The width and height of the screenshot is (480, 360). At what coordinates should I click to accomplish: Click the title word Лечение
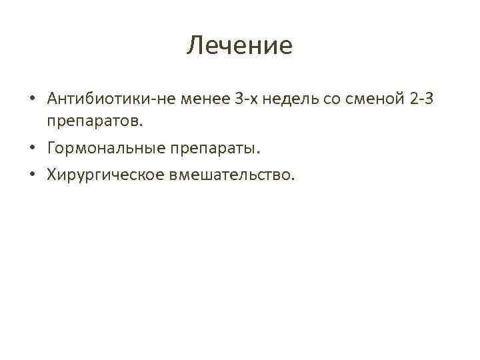click(x=239, y=46)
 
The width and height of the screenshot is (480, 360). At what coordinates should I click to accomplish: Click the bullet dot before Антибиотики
click(x=32, y=100)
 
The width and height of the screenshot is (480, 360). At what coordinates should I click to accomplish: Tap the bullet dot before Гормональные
click(x=32, y=149)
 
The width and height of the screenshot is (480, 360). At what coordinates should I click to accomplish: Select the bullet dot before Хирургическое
click(x=32, y=175)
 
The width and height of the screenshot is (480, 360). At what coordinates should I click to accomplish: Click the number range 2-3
click(x=422, y=99)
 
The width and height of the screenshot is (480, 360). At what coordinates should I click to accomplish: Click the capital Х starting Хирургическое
click(x=52, y=174)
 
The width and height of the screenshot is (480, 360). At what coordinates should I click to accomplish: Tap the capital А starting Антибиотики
click(x=53, y=99)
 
